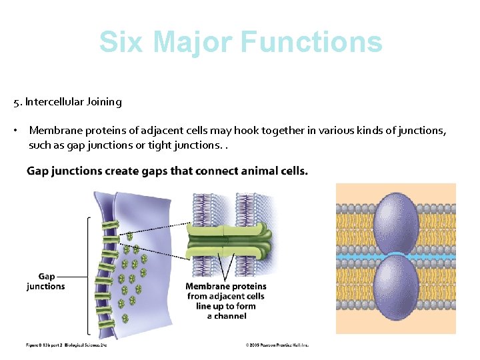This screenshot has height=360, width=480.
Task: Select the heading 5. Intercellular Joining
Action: [67, 102]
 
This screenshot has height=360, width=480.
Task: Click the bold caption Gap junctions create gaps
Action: [167, 171]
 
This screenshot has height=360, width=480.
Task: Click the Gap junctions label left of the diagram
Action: [46, 281]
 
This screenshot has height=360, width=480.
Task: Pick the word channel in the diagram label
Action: [231, 316]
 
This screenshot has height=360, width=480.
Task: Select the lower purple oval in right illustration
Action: [396, 287]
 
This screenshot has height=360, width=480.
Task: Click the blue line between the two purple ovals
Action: [353, 256]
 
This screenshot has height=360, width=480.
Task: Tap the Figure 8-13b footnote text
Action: [66, 345]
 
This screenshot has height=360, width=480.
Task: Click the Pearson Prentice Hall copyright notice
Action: [277, 345]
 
